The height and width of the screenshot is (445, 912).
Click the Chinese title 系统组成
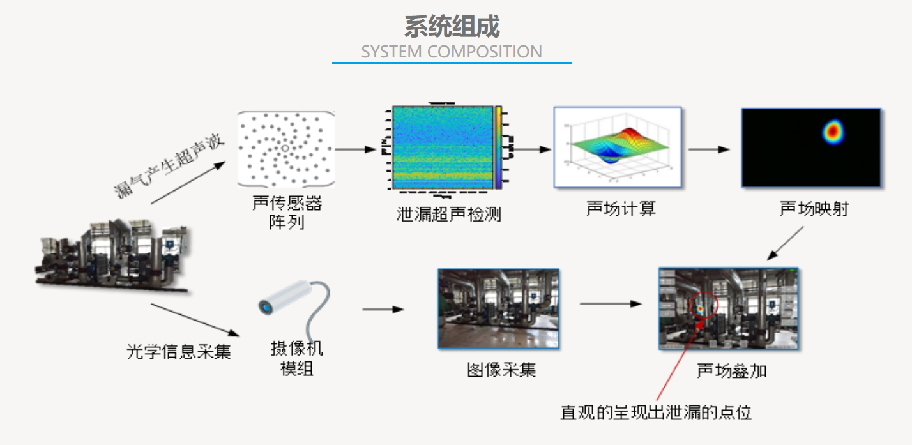pos(452,27)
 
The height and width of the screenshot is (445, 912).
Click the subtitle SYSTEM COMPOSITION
pos(452,52)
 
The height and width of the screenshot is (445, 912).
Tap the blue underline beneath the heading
pos(452,63)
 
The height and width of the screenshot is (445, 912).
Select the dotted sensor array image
pos(285,148)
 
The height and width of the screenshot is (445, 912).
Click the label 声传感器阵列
pos(287,213)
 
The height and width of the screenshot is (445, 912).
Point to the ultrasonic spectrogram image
pos(443,147)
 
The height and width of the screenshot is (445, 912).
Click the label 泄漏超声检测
pos(448,214)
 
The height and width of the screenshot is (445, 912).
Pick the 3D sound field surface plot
pos(617,147)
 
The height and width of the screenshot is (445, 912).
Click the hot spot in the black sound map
pos(832,131)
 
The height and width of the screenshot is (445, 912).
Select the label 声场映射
pos(814,209)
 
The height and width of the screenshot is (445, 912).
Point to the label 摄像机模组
pos(297,358)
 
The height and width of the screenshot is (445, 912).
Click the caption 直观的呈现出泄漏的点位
pos(656,412)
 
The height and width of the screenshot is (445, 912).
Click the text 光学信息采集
pos(178,351)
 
